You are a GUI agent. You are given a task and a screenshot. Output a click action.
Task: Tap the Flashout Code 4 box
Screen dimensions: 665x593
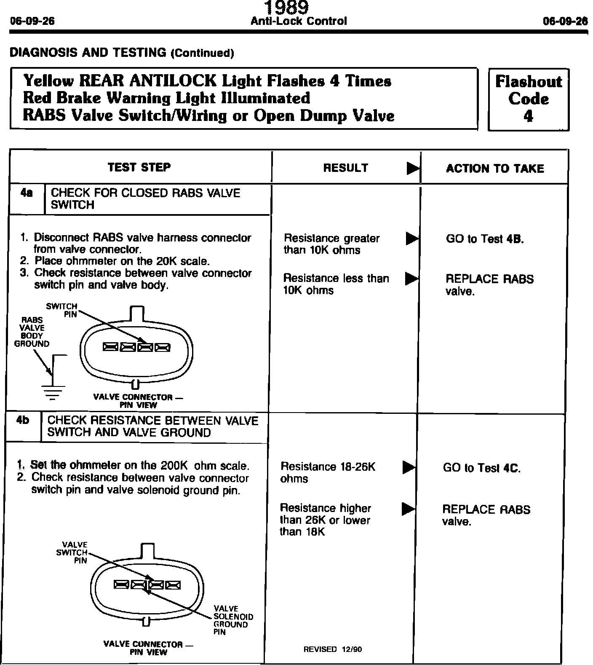[528, 99]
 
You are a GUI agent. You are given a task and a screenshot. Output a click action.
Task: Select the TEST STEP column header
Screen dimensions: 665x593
[139, 167]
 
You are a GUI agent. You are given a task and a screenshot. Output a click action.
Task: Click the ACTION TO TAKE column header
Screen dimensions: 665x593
[495, 169]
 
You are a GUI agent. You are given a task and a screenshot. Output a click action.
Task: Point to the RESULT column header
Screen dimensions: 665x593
[345, 168]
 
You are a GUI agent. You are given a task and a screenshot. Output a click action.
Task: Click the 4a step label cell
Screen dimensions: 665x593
[27, 194]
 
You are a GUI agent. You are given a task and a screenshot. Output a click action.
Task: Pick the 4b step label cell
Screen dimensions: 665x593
[23, 421]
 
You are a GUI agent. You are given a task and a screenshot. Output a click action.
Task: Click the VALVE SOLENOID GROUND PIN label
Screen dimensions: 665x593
[233, 620]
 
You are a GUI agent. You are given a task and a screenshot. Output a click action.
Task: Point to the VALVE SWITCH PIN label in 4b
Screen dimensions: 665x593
[72, 552]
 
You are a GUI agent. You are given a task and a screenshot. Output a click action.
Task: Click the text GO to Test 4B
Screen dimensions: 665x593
[485, 239]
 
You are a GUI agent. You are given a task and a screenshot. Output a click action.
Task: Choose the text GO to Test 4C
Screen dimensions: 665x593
[481, 468]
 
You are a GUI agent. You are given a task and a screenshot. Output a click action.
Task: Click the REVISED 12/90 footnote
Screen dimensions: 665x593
[332, 649]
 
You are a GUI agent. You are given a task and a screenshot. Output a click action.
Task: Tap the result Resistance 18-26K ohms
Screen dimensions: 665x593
[327, 472]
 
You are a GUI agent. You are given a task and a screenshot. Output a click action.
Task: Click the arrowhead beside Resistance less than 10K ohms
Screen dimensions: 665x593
[411, 279]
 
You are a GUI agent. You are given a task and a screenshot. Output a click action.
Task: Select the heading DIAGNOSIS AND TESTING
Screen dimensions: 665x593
[121, 53]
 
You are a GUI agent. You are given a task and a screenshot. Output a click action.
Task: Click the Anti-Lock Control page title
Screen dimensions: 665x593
[299, 21]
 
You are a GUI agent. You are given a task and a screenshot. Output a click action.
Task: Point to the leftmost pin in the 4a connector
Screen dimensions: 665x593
[111, 347]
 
